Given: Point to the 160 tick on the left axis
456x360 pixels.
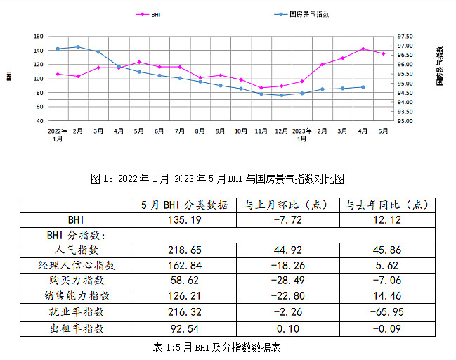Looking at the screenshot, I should pyautogui.click(x=39, y=37).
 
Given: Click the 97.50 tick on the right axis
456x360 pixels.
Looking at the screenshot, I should pyautogui.click(x=405, y=37).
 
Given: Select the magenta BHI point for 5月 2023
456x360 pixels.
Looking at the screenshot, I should pyautogui.click(x=383, y=53).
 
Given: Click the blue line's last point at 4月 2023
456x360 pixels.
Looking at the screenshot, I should pyautogui.click(x=363, y=87).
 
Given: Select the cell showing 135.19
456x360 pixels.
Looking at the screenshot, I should pyautogui.click(x=184, y=219).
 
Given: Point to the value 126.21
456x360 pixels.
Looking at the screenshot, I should pyautogui.click(x=184, y=295).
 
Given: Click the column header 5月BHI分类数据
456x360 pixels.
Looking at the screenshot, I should pyautogui.click(x=184, y=205).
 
